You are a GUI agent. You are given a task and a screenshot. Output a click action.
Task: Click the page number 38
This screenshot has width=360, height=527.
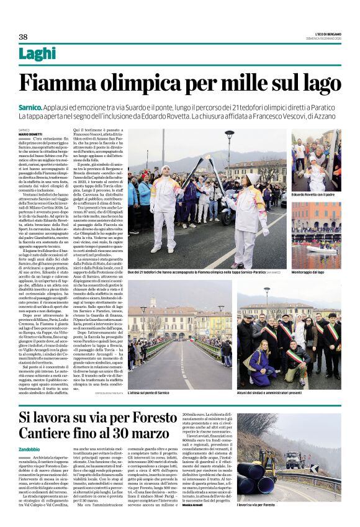[x=24, y=36]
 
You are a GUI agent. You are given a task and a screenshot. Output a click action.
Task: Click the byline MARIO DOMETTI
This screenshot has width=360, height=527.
[x=30, y=134]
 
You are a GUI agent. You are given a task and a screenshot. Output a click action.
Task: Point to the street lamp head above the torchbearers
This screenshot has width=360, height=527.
[x=229, y=134]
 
